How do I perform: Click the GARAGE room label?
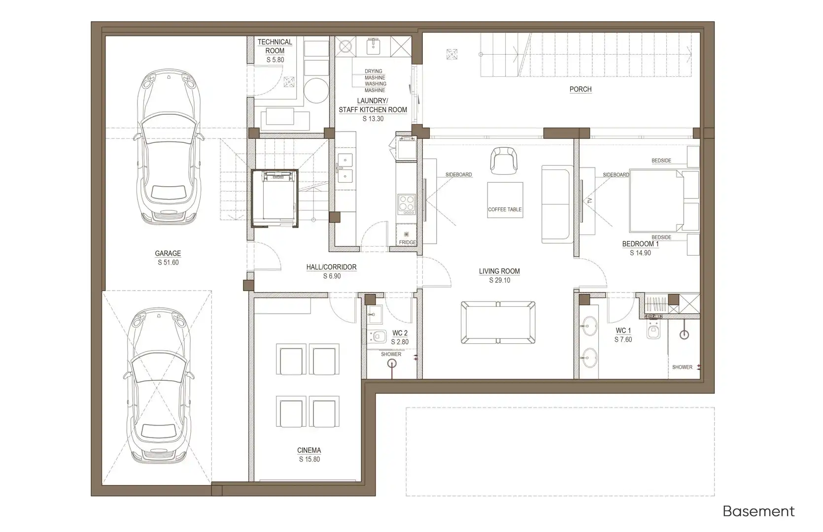click(x=168, y=253)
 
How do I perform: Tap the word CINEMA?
click(x=309, y=450)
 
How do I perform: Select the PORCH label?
click(x=581, y=89)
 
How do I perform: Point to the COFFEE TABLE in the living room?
click(x=505, y=200)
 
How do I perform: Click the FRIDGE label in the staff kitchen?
click(x=408, y=242)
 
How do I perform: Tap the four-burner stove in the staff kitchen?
click(x=407, y=204)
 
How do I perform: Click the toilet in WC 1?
click(x=653, y=331)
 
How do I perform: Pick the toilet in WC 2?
click(x=377, y=336)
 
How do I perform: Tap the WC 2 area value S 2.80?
click(x=400, y=342)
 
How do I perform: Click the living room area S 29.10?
click(x=500, y=280)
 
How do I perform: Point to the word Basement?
click(x=759, y=511)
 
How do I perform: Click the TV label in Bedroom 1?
click(x=590, y=201)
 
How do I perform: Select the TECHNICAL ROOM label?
click(x=275, y=46)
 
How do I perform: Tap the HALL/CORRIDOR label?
click(x=331, y=267)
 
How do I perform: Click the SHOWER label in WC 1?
click(x=682, y=367)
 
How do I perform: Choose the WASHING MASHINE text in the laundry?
click(x=375, y=87)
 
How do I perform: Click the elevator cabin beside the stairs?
click(x=274, y=198)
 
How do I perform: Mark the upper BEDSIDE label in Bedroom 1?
click(x=661, y=161)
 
